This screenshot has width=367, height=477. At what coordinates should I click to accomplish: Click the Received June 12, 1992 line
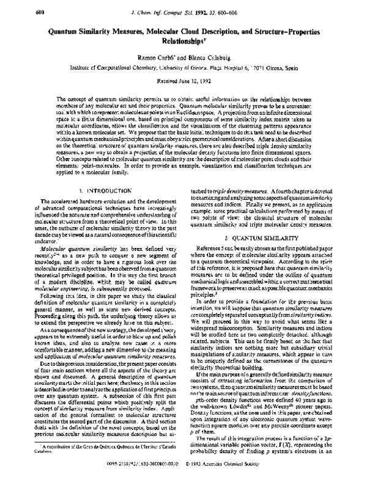pos(183,81)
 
